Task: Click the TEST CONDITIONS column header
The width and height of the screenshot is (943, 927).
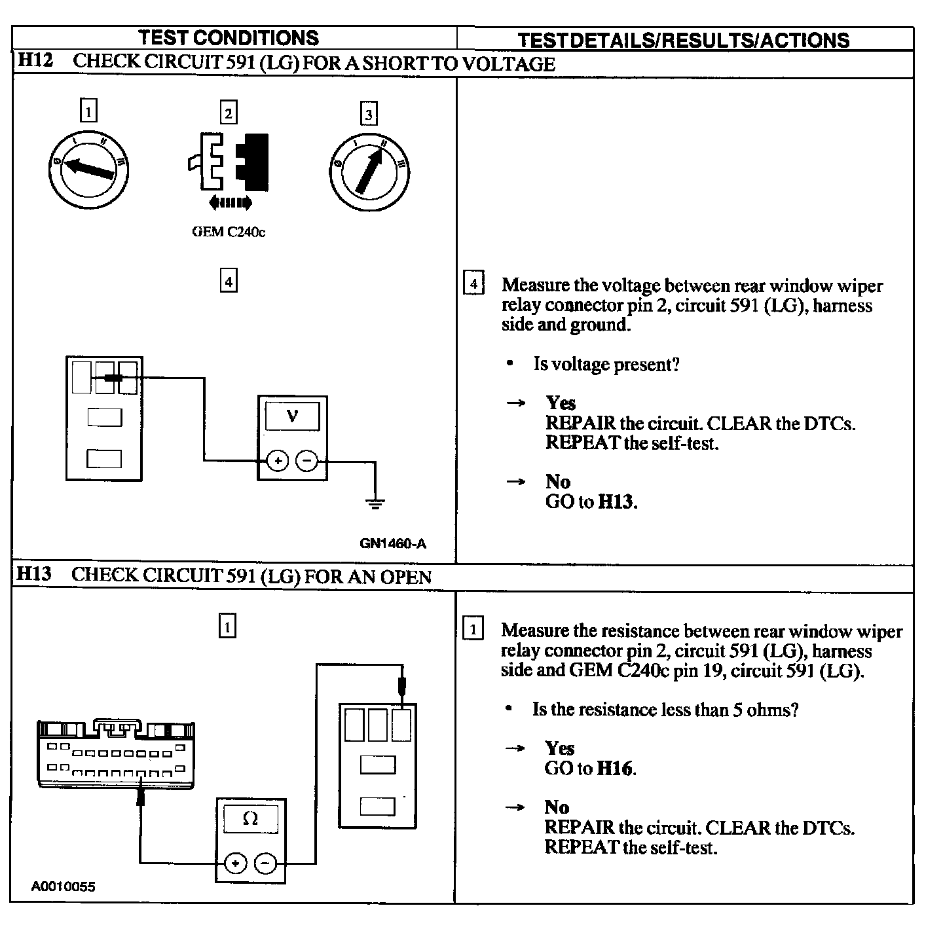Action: pyautogui.click(x=229, y=37)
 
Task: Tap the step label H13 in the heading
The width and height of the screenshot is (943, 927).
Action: pyautogui.click(x=33, y=575)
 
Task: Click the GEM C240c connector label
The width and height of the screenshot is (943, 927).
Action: pyautogui.click(x=229, y=232)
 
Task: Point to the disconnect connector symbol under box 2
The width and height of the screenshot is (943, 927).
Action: pyautogui.click(x=229, y=162)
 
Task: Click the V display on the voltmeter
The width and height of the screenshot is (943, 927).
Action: pyautogui.click(x=292, y=416)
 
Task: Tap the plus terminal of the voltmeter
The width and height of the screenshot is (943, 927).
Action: pyautogui.click(x=278, y=462)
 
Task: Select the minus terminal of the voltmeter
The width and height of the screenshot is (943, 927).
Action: pyautogui.click(x=306, y=462)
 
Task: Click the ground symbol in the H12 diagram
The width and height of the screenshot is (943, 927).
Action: pyautogui.click(x=375, y=503)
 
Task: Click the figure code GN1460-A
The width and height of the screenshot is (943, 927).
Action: pyautogui.click(x=393, y=543)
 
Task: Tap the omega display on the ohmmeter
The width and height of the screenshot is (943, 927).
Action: pyautogui.click(x=250, y=818)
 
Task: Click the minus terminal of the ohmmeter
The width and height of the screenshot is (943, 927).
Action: pyautogui.click(x=265, y=863)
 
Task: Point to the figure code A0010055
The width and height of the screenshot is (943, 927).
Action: pyautogui.click(x=63, y=886)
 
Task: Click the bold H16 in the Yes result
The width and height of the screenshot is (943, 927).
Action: pyautogui.click(x=616, y=768)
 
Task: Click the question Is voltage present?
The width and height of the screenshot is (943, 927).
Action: pyautogui.click(x=606, y=364)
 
